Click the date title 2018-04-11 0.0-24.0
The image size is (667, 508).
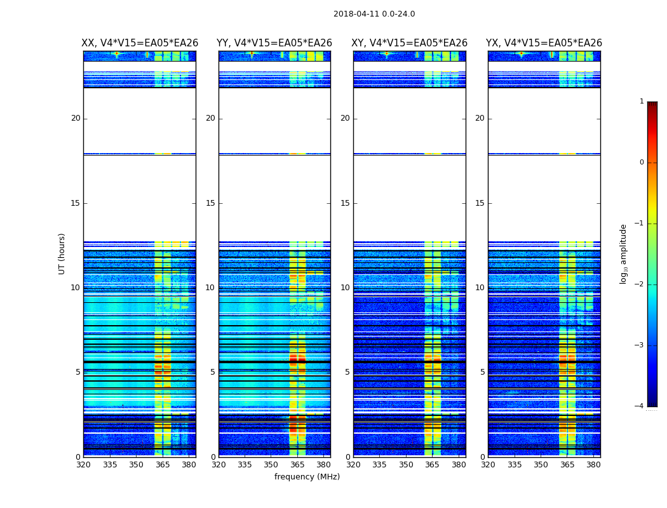374,14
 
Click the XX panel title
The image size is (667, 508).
140,43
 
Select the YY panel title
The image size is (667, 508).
274,43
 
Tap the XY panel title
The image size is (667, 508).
410,43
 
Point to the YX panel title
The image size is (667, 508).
544,43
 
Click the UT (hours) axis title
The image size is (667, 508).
62,253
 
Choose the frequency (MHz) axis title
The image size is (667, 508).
307,477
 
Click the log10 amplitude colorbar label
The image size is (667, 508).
624,253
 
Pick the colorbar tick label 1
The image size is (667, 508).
641,102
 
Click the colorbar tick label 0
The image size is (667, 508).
641,163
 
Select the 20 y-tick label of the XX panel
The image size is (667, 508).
76,118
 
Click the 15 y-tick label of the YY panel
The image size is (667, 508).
210,203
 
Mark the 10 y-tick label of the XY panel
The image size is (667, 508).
345,288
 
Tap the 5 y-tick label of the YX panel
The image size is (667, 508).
482,372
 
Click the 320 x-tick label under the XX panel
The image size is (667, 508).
83,465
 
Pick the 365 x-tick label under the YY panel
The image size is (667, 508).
297,465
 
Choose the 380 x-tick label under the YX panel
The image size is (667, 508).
593,465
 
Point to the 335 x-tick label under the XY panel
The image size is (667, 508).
380,465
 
